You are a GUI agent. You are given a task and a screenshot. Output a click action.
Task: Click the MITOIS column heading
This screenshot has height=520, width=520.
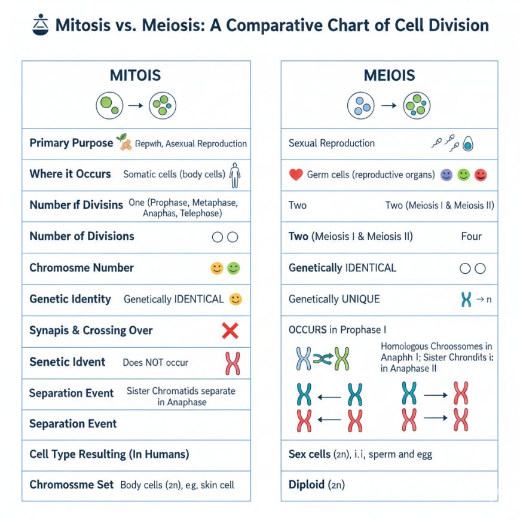click(x=136, y=76)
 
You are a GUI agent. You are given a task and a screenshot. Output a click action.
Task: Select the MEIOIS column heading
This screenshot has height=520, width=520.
click(x=389, y=76)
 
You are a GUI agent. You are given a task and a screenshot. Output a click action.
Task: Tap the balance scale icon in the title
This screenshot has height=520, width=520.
click(x=39, y=26)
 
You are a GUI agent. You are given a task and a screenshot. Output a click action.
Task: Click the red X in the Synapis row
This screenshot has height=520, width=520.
click(x=230, y=331)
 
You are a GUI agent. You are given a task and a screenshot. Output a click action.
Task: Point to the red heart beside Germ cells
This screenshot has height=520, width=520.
click(x=295, y=175)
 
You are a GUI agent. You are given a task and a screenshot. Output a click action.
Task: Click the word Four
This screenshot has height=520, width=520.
click(x=471, y=236)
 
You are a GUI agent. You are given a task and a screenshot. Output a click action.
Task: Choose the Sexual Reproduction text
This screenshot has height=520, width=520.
click(x=331, y=143)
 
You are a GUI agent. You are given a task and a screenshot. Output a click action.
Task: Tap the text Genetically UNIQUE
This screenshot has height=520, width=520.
click(x=334, y=299)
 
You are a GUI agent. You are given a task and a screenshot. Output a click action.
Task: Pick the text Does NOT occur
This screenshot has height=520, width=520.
click(x=155, y=362)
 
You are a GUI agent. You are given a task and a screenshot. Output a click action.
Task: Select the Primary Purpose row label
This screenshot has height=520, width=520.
click(x=71, y=143)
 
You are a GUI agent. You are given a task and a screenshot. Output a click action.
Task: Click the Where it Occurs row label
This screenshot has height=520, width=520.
click(x=70, y=174)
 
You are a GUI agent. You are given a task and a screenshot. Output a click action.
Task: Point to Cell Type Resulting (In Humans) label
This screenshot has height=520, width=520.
click(x=109, y=454)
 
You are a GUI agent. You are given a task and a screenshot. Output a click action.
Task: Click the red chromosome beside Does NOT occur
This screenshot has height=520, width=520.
click(x=232, y=363)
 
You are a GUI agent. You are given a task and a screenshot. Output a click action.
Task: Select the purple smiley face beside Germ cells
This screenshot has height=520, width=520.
click(x=446, y=175)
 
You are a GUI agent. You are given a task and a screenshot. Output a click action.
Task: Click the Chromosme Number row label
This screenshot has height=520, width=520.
click(x=81, y=268)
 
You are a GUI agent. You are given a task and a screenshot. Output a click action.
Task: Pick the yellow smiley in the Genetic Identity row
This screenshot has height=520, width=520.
click(x=235, y=299)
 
